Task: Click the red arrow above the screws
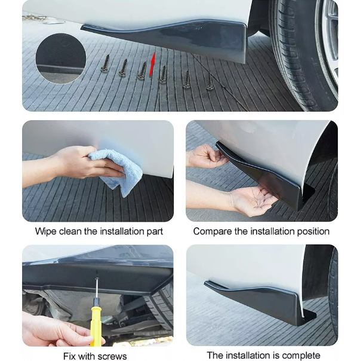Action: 152,64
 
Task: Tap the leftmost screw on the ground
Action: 106,64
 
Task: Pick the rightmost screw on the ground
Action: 209,81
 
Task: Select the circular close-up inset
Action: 61,58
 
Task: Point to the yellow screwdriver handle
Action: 96,322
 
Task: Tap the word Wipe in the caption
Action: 46,232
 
